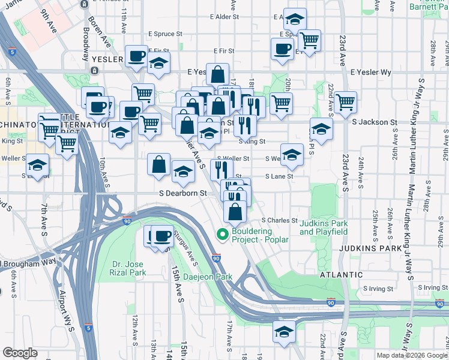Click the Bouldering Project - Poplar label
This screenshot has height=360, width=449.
(x=261, y=235)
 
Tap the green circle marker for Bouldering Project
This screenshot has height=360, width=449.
(x=222, y=234)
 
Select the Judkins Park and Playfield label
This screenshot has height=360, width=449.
(x=324, y=228)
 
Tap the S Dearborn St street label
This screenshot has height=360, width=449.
(x=182, y=193)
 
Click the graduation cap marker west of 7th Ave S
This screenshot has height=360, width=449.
(x=38, y=165)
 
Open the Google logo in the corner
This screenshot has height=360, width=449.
(x=20, y=353)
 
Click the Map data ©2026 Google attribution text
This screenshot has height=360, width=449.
(x=411, y=355)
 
